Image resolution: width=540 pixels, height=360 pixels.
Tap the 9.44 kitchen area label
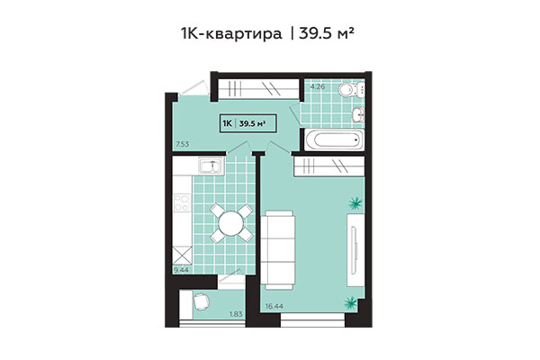183,268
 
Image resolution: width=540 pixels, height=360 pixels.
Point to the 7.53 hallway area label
183,144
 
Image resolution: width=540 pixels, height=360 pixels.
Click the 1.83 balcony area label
236,313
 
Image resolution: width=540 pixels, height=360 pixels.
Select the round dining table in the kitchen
230,221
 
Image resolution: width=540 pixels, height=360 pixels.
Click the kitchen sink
210,166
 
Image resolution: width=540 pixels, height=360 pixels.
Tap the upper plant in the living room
356,203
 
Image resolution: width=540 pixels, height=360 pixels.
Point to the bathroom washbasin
357,113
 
